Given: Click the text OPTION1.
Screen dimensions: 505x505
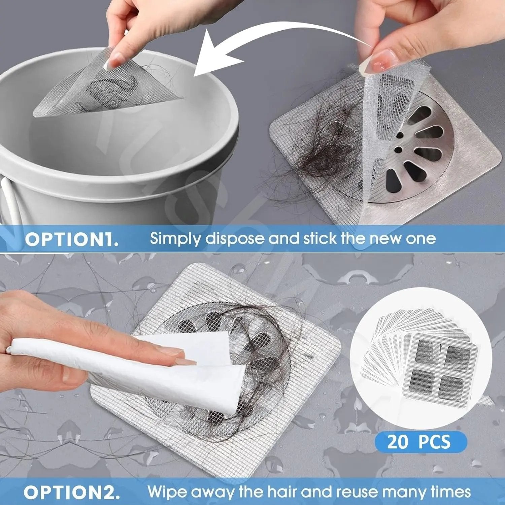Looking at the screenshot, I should click(72, 239).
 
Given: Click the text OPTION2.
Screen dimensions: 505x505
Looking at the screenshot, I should click(72, 493).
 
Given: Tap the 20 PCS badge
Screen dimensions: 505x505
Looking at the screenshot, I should click(420, 441).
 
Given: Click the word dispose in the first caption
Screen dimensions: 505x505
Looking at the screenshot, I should click(235, 239).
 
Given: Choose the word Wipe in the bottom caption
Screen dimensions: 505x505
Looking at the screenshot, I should click(167, 492).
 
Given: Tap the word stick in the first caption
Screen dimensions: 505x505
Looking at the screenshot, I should click(320, 239).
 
